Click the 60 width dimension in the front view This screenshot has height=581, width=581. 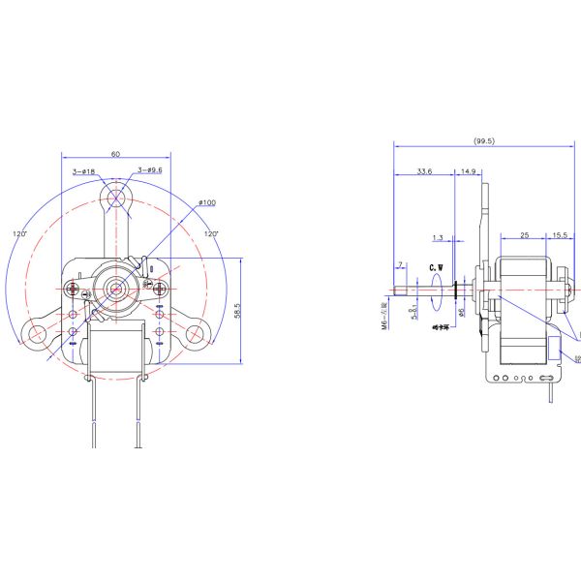click(x=115, y=154)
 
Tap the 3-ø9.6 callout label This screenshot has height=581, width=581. click(x=149, y=170)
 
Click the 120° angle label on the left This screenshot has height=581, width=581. click(x=19, y=233)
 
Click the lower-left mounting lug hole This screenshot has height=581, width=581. click(x=37, y=334)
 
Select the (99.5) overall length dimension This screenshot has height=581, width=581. click(x=483, y=140)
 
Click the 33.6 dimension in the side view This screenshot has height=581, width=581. click(x=423, y=171)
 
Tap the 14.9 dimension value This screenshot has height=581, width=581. click(x=468, y=171)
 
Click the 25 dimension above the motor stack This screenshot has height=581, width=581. click(x=524, y=235)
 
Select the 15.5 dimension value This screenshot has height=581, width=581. click(x=560, y=235)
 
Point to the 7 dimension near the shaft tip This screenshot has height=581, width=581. click(x=399, y=264)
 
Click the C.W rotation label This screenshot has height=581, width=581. click(x=436, y=265)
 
